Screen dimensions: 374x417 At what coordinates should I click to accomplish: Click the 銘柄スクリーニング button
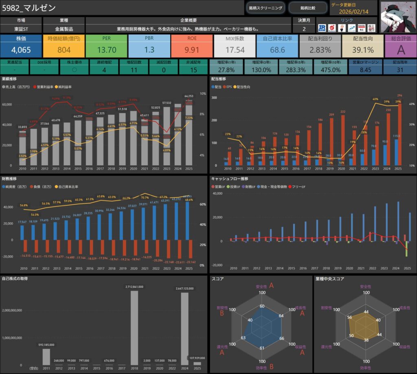click(x=266, y=8)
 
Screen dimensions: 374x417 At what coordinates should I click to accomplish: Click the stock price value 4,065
click(x=21, y=50)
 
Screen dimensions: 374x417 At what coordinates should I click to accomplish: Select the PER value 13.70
click(x=106, y=50)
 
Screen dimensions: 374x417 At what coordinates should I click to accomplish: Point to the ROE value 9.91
click(x=191, y=50)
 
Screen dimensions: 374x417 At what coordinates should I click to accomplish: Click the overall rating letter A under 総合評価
click(x=400, y=50)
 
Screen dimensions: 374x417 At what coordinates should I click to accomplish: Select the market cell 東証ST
click(x=21, y=29)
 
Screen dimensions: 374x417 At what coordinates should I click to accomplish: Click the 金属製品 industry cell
click(x=63, y=29)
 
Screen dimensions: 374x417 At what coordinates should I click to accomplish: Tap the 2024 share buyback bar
click(x=184, y=328)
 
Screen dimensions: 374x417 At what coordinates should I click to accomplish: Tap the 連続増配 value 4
click(x=104, y=70)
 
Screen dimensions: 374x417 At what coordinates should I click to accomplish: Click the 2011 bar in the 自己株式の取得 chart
click(x=46, y=357)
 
